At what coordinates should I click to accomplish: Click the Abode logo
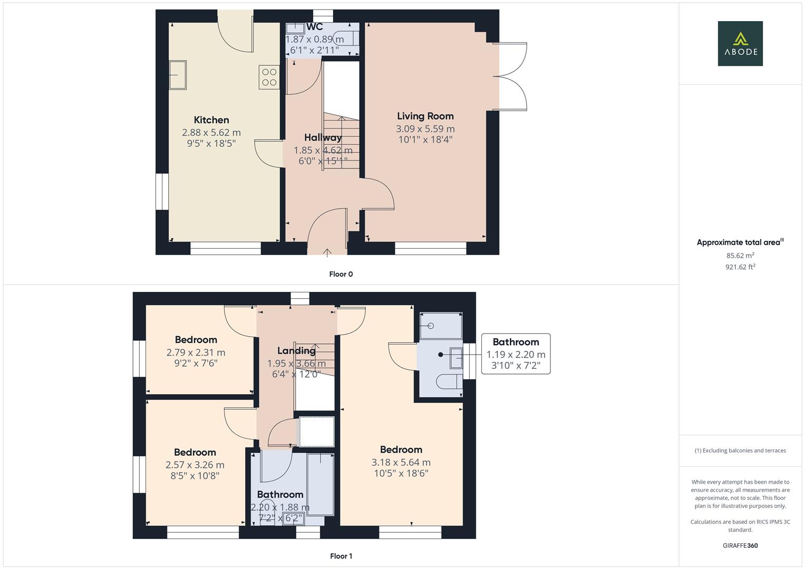coord(740,43)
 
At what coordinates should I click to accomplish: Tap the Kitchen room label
coord(211,120)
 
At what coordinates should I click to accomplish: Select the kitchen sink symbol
coord(178,75)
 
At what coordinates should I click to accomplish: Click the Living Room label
coord(425,116)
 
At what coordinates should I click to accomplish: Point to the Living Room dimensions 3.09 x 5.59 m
coord(425,129)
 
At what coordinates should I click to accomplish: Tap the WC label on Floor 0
coord(315,27)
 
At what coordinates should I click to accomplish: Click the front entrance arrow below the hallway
coord(327,252)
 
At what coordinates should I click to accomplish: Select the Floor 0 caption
coord(341,274)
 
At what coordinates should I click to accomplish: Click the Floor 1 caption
coord(341,556)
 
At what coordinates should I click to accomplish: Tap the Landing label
coord(296,351)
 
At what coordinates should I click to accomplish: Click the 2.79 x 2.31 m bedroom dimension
coord(196,352)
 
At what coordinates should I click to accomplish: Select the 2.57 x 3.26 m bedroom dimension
coord(195,465)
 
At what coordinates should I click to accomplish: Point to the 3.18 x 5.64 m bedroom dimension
coord(401,462)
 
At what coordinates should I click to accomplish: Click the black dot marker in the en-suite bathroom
coord(440,355)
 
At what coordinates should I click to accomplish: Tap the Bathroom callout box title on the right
coord(516,342)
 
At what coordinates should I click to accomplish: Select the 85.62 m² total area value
coord(740,256)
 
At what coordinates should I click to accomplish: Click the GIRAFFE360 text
coord(740,545)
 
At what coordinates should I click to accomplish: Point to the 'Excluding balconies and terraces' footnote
coord(740,450)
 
